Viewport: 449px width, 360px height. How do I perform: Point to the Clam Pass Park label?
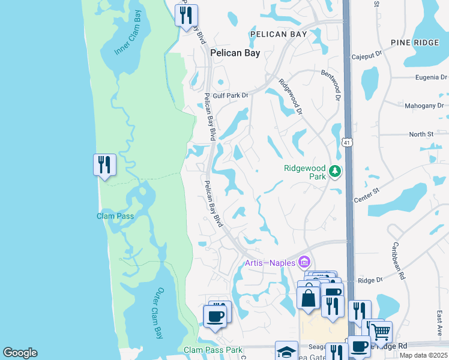(x=212, y=350)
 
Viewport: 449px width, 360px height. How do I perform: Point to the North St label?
(x=421, y=134)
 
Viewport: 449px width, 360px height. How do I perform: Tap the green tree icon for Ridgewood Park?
(x=335, y=173)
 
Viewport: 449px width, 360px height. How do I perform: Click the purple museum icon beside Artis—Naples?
(x=304, y=263)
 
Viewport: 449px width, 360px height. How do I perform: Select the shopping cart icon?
(x=379, y=331)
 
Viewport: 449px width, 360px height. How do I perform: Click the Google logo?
(x=20, y=353)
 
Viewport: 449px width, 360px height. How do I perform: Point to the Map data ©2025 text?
(x=423, y=355)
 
